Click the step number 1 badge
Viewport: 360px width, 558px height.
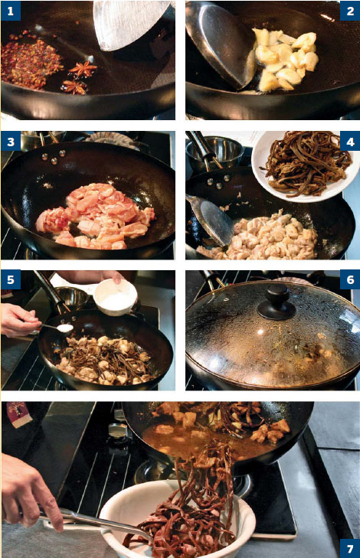10,11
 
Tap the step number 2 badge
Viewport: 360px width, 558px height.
350,11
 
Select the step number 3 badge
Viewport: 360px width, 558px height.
10,142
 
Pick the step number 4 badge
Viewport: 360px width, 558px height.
350,142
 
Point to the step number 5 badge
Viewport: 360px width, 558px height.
10,279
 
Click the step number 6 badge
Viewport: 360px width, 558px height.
350,279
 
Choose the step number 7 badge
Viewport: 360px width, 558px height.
350,548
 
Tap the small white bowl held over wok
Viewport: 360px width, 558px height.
116,297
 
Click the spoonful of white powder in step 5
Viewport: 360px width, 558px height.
65,328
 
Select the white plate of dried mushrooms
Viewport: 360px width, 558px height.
305,165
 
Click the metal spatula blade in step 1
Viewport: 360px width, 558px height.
133,24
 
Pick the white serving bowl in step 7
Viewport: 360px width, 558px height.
178,519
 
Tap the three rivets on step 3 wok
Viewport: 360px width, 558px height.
54,157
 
